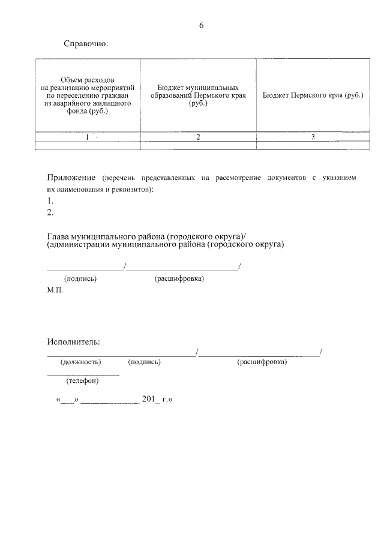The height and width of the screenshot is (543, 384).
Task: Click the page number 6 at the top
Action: click(x=201, y=25)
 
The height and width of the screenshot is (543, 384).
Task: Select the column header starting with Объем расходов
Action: click(x=87, y=95)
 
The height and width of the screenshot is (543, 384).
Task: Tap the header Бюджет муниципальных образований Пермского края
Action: click(x=198, y=95)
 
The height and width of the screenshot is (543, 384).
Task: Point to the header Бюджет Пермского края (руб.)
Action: click(x=313, y=95)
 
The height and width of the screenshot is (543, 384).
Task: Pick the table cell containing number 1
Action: click(x=87, y=137)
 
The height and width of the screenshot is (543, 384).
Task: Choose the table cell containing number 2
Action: click(x=198, y=137)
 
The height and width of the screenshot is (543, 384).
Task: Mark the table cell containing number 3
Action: click(x=313, y=137)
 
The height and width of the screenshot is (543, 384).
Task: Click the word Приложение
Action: click(x=72, y=178)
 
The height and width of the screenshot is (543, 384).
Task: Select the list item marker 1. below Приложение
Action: click(x=50, y=201)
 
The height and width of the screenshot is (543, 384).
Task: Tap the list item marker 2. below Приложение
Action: click(x=50, y=212)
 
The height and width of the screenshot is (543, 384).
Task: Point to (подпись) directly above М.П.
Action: click(x=80, y=279)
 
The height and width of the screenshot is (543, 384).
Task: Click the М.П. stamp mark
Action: click(x=55, y=290)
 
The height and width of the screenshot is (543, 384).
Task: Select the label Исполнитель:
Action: click(x=74, y=342)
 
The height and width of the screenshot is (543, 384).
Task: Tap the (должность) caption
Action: click(x=80, y=362)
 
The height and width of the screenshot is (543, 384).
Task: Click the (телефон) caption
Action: click(x=82, y=380)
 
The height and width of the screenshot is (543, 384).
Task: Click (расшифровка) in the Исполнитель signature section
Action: click(x=262, y=362)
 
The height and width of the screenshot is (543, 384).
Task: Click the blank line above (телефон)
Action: click(x=83, y=375)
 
